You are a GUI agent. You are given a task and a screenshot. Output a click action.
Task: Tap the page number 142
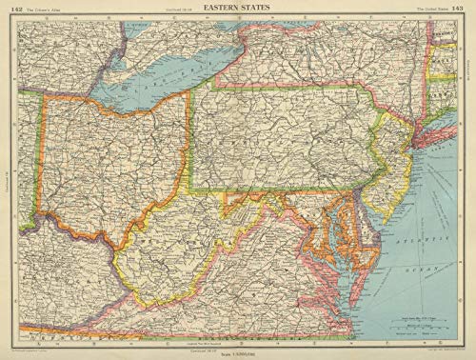(x=12, y=8)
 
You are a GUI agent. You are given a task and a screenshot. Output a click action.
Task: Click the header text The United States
(x=431, y=8)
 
